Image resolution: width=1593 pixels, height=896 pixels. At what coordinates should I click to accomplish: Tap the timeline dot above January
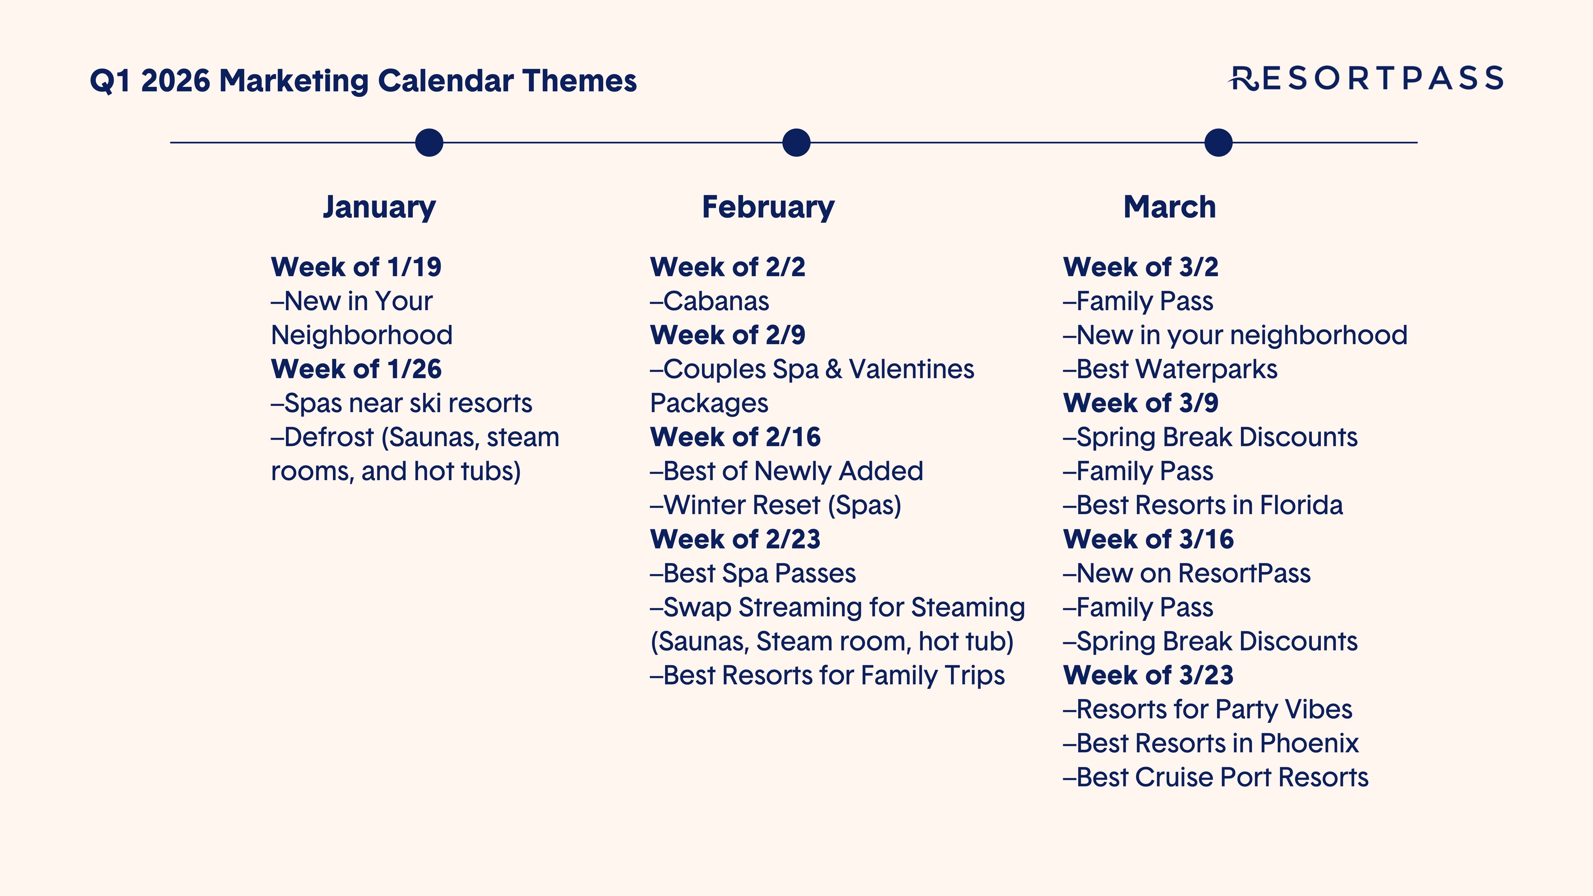pos(429,143)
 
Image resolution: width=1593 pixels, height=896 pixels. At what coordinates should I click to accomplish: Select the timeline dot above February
pos(796,143)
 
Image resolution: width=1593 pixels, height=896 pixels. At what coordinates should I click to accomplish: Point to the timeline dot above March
pos(1218,143)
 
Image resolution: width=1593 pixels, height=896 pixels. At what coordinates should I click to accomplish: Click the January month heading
pos(379,207)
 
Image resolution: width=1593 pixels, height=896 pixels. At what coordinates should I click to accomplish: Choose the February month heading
pos(768,207)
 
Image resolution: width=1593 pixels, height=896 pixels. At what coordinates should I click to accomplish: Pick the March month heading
pos(1170,207)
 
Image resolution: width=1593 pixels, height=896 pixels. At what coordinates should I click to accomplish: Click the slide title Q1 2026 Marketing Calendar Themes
pos(363,81)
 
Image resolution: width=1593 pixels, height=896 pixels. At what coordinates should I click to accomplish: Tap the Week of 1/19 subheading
pos(356,267)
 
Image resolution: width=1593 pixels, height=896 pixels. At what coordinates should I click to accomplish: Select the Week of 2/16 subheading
pos(735,437)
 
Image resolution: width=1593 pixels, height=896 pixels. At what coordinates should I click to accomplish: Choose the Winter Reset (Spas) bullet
pos(776,505)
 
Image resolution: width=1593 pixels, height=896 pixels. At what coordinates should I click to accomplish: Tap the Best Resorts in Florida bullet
pos(1203,505)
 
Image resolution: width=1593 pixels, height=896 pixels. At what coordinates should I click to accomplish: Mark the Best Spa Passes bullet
pos(753,573)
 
